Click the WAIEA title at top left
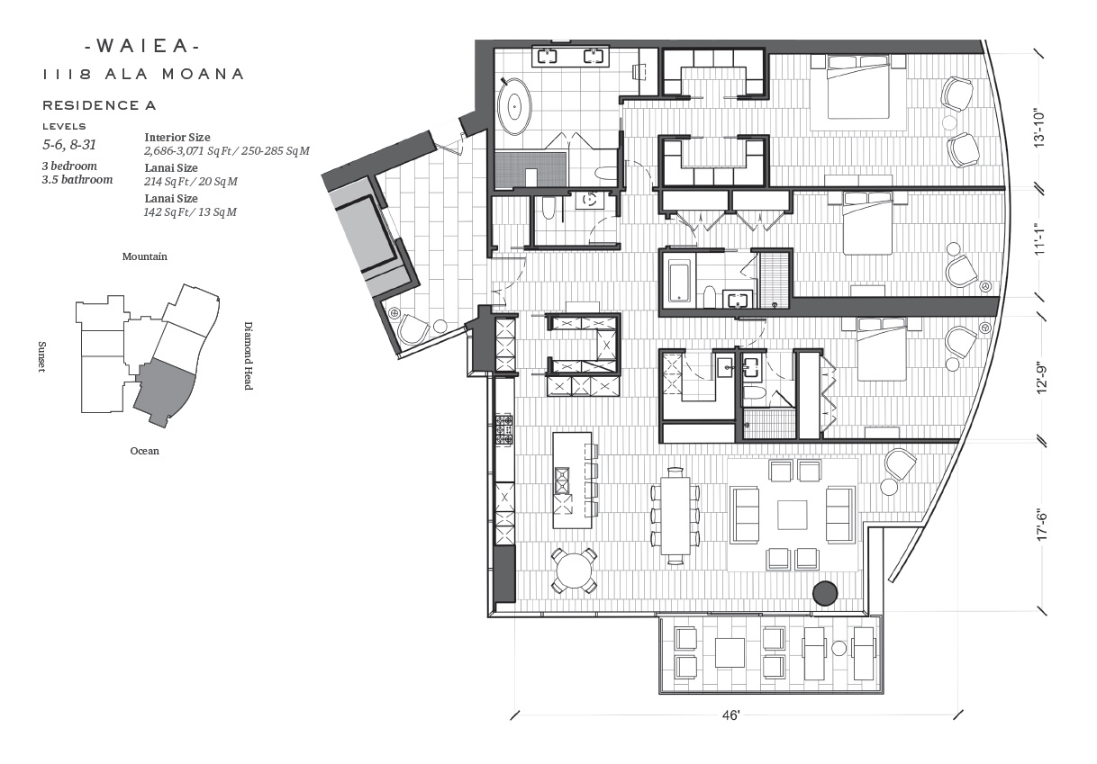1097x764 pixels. tap(142, 46)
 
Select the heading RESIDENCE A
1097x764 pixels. tap(99, 105)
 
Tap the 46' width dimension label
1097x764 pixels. tap(730, 715)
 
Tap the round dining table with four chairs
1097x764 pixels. tap(574, 571)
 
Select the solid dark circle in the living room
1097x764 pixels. tap(825, 593)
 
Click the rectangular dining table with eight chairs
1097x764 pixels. tap(675, 516)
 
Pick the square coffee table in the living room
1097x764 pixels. tap(793, 515)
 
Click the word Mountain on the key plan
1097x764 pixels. tap(144, 256)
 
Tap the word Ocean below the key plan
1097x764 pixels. tap(144, 451)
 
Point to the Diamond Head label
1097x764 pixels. tap(249, 355)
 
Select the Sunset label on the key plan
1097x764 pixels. tap(41, 356)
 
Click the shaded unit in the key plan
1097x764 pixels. tap(165, 389)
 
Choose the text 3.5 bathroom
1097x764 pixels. tap(77, 180)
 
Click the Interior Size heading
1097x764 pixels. tap(177, 138)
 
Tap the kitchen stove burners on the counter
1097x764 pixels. tap(504, 430)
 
